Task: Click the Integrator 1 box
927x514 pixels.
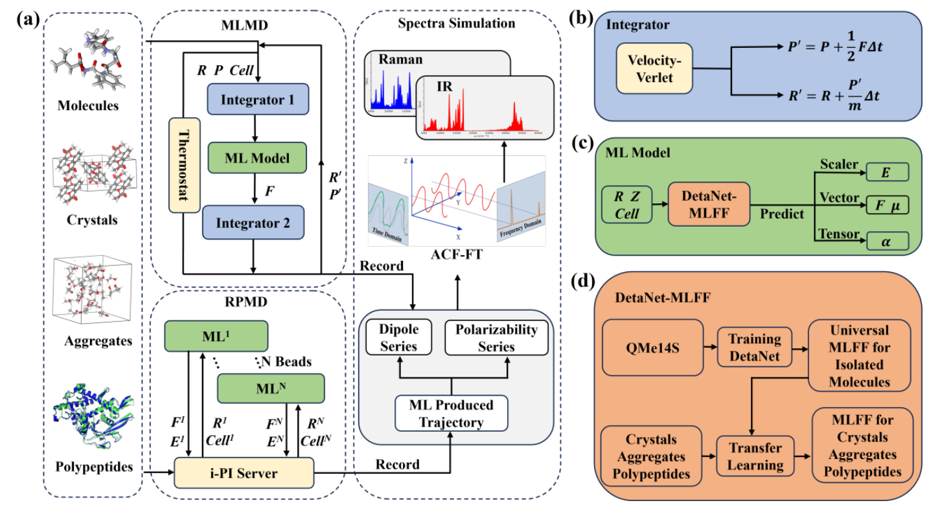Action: pyautogui.click(x=257, y=101)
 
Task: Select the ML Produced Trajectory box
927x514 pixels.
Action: pyautogui.click(x=452, y=414)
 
